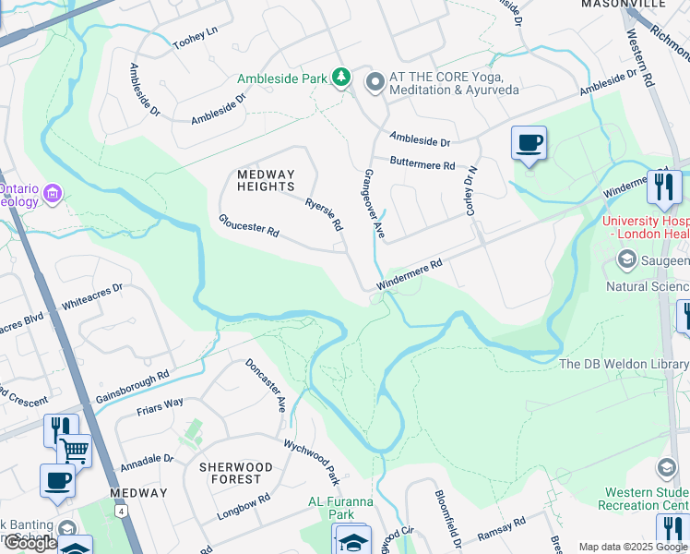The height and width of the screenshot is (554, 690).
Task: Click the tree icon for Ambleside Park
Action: [x=342, y=78]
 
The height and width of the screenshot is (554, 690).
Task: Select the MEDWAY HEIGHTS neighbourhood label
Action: [x=266, y=181]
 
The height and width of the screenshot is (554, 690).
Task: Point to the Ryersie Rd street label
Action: [x=325, y=213]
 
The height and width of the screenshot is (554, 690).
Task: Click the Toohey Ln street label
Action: [x=195, y=37]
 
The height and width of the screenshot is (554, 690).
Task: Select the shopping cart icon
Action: [x=74, y=451]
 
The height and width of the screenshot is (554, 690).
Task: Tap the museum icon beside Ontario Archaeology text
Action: [x=53, y=193]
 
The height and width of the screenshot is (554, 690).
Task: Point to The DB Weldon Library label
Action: [x=624, y=365]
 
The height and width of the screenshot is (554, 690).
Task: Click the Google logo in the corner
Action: [x=30, y=543]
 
